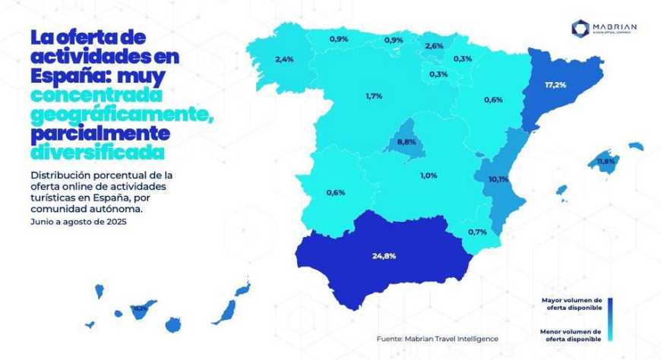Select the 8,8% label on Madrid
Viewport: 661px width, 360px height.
click(x=407, y=142)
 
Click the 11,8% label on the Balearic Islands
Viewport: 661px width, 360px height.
click(x=606, y=162)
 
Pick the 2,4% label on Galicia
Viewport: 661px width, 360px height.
click(x=285, y=58)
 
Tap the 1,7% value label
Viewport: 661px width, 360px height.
click(x=373, y=96)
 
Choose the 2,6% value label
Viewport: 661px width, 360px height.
click(x=434, y=46)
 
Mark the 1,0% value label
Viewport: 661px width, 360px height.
click(x=429, y=175)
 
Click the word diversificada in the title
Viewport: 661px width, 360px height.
click(x=97, y=151)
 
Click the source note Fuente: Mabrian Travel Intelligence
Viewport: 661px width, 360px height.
click(x=438, y=337)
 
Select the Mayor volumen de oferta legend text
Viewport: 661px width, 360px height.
click(x=571, y=304)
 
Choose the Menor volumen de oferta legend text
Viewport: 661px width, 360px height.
click(x=571, y=335)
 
